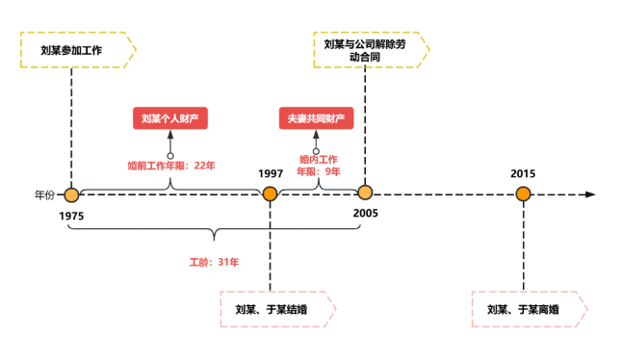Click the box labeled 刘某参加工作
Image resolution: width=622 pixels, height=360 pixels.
[78, 50]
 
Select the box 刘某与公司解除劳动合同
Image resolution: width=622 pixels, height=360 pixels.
[372, 50]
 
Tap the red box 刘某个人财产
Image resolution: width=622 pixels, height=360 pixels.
[170, 118]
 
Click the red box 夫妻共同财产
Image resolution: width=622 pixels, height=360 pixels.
[316, 118]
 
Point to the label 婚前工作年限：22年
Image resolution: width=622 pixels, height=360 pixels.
[171, 166]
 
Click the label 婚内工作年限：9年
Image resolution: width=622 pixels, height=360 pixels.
[319, 166]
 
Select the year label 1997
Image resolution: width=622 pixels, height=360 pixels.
[271, 173]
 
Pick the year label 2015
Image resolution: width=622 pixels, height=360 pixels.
[523, 173]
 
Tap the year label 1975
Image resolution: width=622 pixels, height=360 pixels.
[71, 216]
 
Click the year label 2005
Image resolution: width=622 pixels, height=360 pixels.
[365, 214]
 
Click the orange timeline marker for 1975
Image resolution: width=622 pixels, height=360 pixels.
[71, 195]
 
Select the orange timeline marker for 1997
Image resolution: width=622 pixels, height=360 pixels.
[271, 193]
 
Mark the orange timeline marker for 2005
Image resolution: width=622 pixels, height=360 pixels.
[365, 193]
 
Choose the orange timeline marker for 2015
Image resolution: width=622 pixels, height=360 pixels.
[523, 193]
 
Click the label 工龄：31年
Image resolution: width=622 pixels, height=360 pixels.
[214, 262]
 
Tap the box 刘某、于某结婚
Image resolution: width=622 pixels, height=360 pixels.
[278, 309]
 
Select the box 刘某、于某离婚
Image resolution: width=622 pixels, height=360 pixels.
[530, 309]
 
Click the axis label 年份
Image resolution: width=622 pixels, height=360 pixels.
[44, 195]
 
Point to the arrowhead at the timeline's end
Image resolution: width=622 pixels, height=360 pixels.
[590, 194]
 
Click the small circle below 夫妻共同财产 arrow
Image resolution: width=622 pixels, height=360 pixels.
[316, 151]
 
